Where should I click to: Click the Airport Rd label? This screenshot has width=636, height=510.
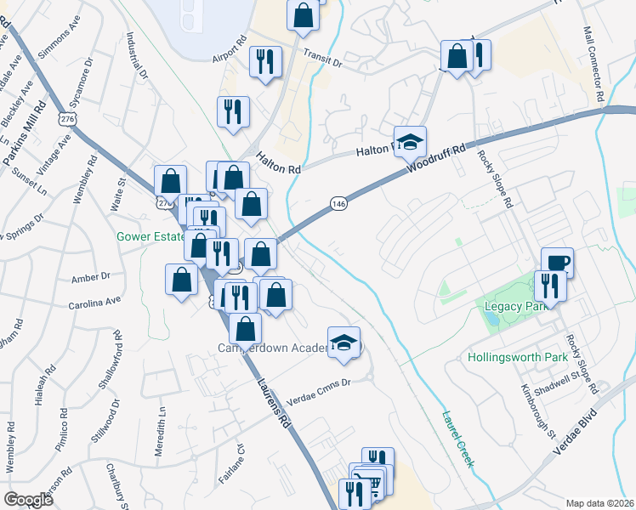(230, 50)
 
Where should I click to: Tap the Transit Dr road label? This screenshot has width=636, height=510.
(322, 57)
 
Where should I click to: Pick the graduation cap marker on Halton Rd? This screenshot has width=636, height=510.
(410, 140)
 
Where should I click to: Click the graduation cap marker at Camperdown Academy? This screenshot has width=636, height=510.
(344, 342)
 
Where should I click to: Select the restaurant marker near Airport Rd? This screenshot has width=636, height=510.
(264, 60)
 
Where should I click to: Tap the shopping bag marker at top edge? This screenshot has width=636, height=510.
(303, 14)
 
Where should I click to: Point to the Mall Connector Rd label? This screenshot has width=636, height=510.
(593, 63)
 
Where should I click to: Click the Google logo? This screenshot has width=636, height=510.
(28, 500)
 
